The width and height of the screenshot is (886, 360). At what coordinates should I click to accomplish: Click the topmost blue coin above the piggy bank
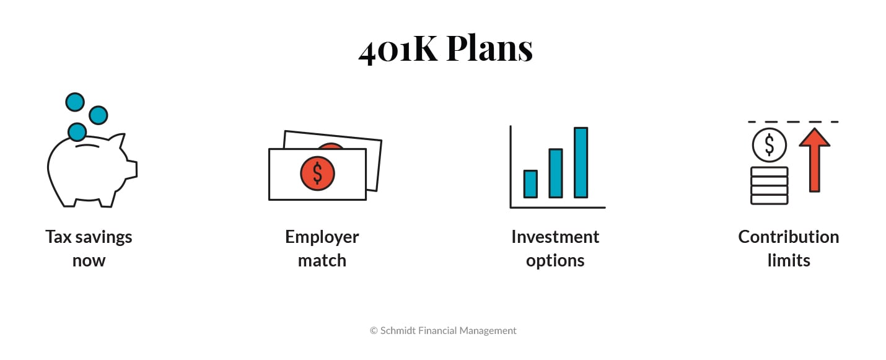click(x=75, y=102)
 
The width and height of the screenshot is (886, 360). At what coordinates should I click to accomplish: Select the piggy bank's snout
click(x=131, y=169)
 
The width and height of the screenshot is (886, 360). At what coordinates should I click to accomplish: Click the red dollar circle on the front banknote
click(x=317, y=173)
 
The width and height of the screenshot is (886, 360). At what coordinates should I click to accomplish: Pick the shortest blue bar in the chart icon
click(x=530, y=184)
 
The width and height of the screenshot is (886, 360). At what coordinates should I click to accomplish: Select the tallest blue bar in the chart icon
click(x=581, y=162)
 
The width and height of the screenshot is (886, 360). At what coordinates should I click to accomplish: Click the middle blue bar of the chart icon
click(x=556, y=173)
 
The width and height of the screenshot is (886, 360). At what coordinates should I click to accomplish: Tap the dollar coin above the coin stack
click(x=769, y=145)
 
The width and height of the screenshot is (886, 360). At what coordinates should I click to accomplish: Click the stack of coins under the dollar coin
click(x=769, y=185)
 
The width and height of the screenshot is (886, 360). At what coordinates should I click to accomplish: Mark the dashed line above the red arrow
click(x=792, y=121)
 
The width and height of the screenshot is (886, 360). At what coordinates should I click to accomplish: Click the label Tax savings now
click(x=89, y=248)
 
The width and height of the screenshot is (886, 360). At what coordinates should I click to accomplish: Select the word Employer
click(x=322, y=237)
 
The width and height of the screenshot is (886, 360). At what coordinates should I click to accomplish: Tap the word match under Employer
click(x=322, y=260)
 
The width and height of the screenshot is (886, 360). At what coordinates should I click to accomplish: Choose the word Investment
click(x=555, y=237)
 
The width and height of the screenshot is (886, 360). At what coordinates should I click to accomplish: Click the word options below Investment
click(x=555, y=260)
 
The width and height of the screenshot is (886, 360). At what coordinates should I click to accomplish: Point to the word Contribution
click(x=788, y=237)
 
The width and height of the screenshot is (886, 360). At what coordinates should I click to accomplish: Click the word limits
click(x=788, y=260)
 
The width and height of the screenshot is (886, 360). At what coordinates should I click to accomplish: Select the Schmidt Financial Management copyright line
click(x=443, y=331)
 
